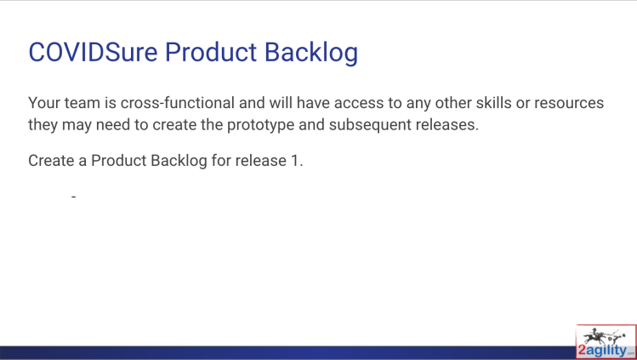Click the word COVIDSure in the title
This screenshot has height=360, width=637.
[93, 52]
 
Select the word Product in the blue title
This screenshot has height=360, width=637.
[211, 52]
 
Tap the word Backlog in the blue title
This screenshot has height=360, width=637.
[311, 54]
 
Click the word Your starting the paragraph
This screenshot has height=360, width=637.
[44, 103]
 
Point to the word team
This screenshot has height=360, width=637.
[82, 103]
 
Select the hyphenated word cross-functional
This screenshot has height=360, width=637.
[178, 103]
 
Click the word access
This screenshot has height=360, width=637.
[359, 104]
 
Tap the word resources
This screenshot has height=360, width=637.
[569, 104]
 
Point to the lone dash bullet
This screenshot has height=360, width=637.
[73, 197]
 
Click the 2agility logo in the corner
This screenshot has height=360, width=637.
[606, 341]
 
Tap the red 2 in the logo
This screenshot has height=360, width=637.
[583, 350]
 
